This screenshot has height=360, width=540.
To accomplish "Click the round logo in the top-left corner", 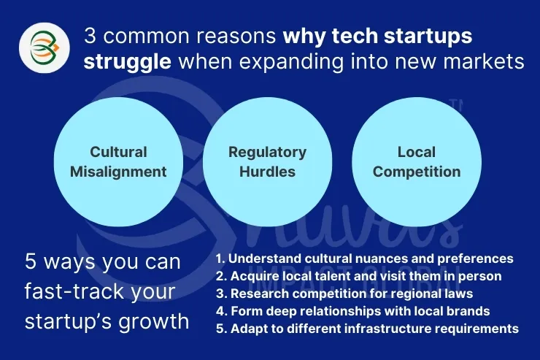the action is coord(45,47).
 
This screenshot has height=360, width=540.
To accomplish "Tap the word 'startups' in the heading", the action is coord(428,37).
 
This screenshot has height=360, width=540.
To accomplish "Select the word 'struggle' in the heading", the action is coord(127,63).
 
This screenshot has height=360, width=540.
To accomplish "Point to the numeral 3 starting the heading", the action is coord(90,36).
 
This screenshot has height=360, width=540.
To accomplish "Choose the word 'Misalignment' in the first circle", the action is coord(118,172).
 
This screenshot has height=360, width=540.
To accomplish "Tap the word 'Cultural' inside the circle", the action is coord(118,152).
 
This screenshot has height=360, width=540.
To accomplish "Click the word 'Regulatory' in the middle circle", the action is coord(267,153).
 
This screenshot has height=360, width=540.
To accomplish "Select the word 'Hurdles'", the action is coord(267,172).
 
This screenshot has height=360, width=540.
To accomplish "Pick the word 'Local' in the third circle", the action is coord(417,152).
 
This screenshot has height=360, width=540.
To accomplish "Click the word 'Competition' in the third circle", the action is coord(417,172).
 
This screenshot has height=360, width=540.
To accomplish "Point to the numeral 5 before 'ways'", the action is coord(31,261).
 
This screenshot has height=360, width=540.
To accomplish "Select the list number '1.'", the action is coord(220,258).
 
